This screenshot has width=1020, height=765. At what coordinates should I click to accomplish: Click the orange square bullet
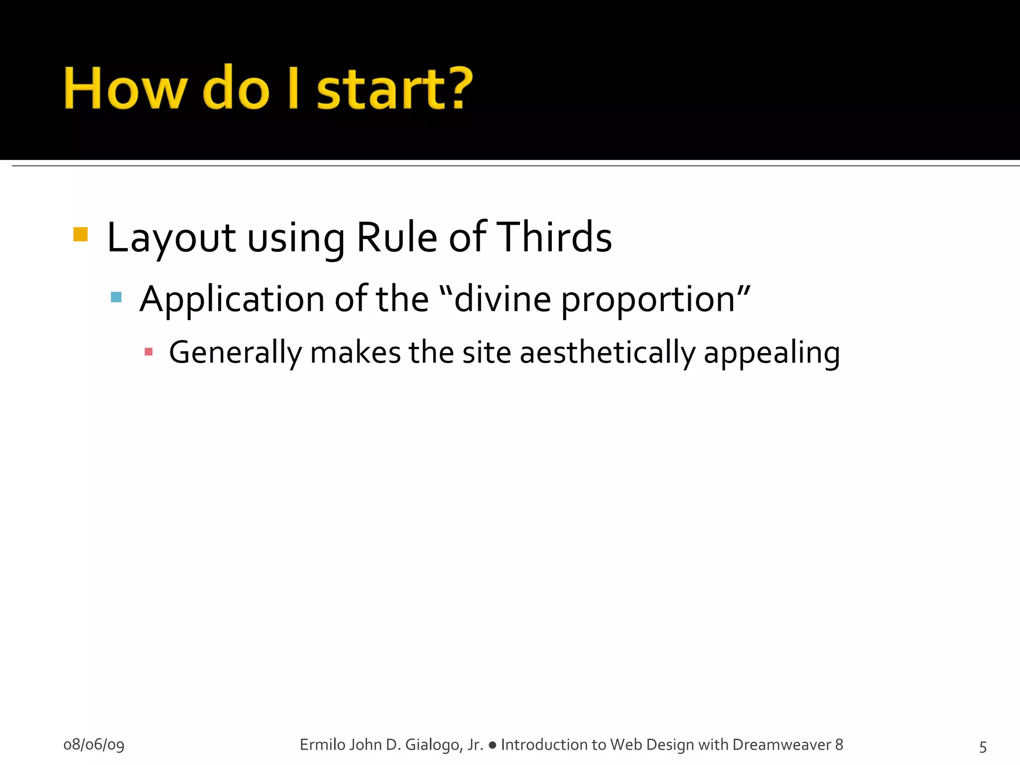point(80,234)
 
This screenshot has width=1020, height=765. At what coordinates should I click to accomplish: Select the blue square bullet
point(116,297)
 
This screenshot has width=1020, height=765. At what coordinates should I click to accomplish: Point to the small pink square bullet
point(148,352)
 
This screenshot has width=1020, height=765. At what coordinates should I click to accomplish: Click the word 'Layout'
point(171,238)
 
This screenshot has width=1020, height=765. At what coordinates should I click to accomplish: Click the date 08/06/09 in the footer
point(94,745)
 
